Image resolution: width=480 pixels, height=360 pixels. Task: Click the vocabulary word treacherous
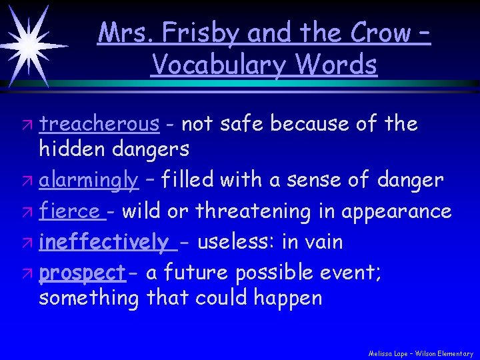[x=99, y=123]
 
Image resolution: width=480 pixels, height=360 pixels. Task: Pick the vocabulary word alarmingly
[x=89, y=179]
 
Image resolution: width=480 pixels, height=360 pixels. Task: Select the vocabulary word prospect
[x=82, y=272]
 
